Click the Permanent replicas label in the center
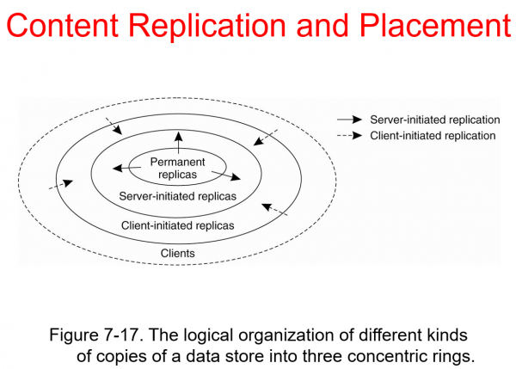click(178, 168)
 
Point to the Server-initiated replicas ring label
click(177, 195)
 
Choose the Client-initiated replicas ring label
click(177, 225)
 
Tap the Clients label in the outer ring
click(178, 253)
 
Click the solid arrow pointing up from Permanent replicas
click(178, 143)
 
